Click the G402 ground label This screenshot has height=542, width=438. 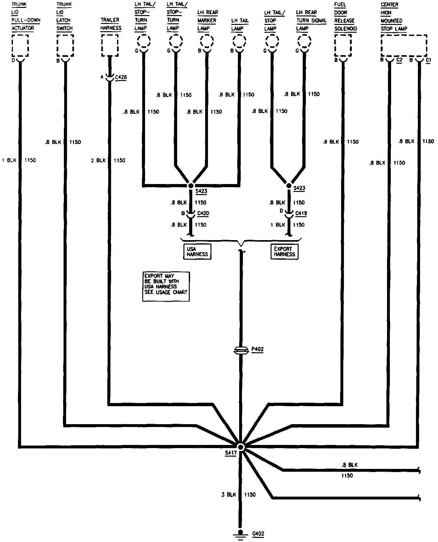pos(258,533)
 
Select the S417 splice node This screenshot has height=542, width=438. pos(241,447)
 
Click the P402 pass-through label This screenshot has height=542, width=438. pos(257,349)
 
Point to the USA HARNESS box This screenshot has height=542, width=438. pos(197,251)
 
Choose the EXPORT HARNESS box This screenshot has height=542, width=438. pos(284,251)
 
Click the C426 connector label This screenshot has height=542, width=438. pos(121,77)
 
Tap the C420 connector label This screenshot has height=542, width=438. pos(203,213)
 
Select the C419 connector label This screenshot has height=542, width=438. pos(301,213)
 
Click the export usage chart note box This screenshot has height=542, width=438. pos(166,286)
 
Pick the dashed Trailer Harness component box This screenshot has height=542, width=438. pos(110,45)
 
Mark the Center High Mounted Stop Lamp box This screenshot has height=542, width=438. pos(404,45)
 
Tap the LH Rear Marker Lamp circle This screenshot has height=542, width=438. pos(207,41)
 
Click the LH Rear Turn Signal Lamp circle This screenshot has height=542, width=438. pos(304,41)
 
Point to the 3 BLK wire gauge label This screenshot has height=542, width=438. pos(228,495)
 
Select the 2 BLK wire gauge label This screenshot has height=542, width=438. pos(98,160)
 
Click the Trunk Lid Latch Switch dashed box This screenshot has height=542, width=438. pos(65,46)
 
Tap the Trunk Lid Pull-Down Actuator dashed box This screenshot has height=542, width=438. pos(20,46)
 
